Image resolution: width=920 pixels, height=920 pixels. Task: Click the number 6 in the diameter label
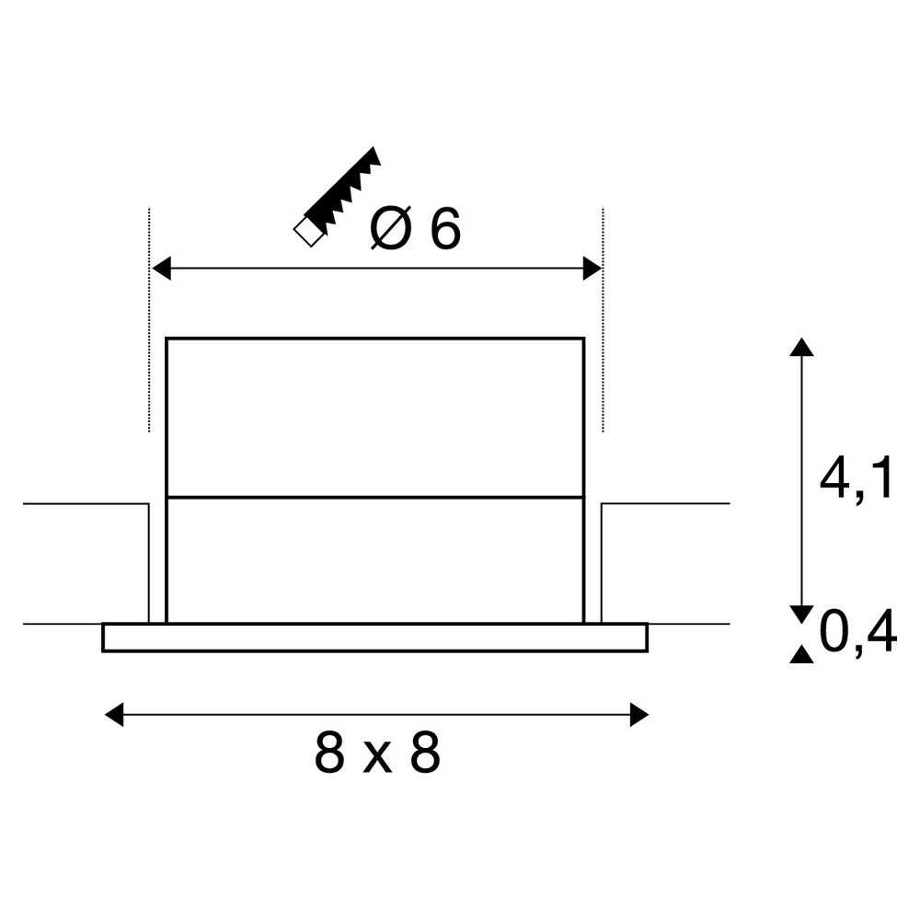click(x=445, y=228)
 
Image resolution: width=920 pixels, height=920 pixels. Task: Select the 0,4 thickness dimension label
click(x=857, y=633)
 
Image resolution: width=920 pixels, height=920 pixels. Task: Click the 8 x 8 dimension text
click(x=377, y=753)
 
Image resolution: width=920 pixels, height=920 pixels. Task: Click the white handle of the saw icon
click(x=308, y=232)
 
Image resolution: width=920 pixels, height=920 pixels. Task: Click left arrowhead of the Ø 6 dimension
click(x=161, y=269)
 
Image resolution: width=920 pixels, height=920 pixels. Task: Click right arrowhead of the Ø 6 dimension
click(x=592, y=269)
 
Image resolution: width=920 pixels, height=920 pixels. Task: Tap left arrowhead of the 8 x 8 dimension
click(x=114, y=715)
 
